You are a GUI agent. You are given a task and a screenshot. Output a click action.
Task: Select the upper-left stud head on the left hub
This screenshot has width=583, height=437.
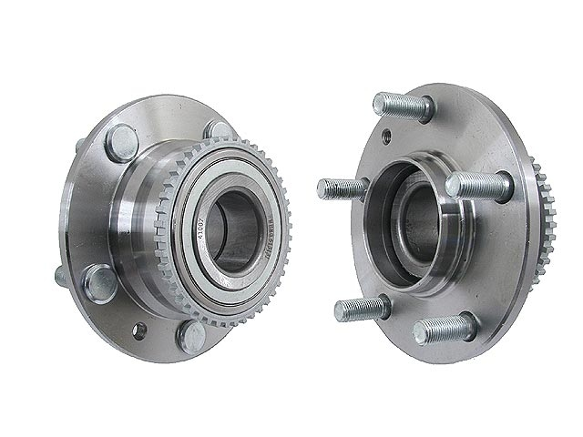122,142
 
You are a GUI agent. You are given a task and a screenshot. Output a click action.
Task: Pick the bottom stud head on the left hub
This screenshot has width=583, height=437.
192,336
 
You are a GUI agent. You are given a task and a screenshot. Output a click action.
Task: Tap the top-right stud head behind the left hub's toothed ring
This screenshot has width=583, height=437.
219,131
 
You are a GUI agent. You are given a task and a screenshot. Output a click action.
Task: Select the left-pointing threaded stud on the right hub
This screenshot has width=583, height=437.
342,189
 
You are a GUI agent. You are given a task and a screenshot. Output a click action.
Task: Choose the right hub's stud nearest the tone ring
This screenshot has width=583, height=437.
478,187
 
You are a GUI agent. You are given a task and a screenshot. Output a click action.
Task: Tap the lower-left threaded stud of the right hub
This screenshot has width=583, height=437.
360,309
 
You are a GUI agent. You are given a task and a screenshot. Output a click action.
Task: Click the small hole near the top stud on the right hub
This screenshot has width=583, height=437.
386,137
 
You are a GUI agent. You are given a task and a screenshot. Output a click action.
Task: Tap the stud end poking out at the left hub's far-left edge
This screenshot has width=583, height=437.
60,274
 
